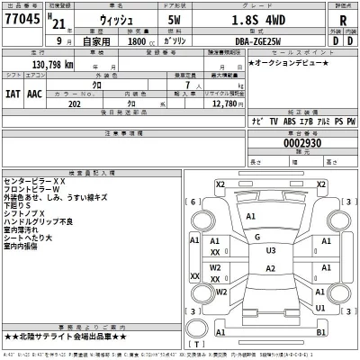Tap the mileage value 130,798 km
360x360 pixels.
tap(43, 65)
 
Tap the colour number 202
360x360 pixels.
tap(76, 103)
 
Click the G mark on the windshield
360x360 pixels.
tap(257, 237)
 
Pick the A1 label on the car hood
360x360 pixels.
tap(251, 217)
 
